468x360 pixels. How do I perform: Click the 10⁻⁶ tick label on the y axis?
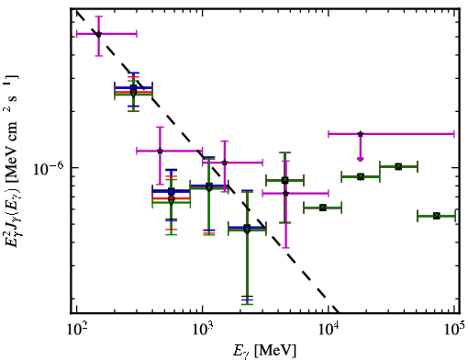[x=49, y=169]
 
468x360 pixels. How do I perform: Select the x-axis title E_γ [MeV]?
[x=264, y=351]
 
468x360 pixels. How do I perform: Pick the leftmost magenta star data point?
[x=98, y=34]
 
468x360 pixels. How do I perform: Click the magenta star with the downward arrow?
[x=361, y=134]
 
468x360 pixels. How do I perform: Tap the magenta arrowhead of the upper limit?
[x=361, y=159]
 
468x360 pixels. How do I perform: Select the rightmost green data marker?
[x=437, y=216]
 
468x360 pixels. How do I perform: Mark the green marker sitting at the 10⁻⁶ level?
[x=398, y=167]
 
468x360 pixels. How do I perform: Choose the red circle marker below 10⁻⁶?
[x=172, y=198]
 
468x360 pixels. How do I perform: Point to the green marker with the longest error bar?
[x=247, y=231]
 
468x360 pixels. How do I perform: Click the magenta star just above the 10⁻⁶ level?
[x=225, y=163]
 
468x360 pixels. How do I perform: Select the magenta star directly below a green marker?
[x=285, y=193]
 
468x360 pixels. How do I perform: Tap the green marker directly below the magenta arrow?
[x=361, y=176]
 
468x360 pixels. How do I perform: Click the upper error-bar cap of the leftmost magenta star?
[x=98, y=17]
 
